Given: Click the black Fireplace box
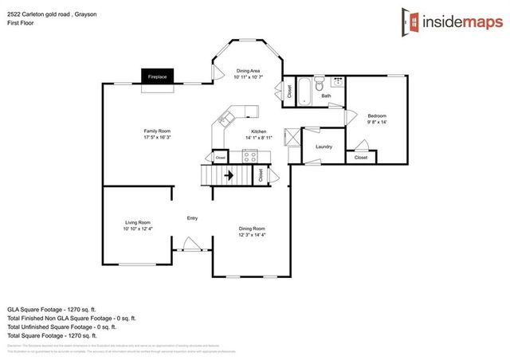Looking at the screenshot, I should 157,76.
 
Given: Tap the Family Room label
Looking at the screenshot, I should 157,131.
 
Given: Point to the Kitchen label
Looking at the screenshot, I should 259,131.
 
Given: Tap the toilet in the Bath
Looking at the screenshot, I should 319,83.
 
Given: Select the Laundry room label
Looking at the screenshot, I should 324,147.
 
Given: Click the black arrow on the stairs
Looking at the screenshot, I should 227,175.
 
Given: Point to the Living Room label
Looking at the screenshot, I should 138,222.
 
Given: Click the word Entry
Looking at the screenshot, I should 192,218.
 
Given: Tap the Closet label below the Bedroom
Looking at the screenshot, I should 361,158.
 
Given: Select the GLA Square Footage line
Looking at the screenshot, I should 52,308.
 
